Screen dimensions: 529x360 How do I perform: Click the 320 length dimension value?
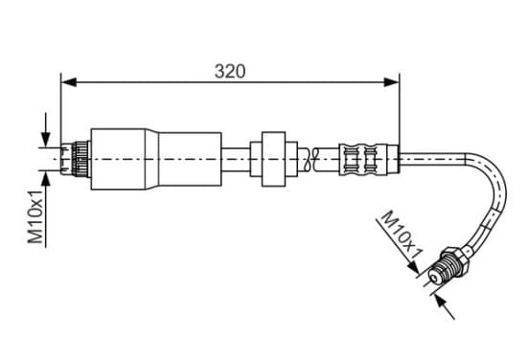click(x=230, y=71)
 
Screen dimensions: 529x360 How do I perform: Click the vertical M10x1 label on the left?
click(x=35, y=216)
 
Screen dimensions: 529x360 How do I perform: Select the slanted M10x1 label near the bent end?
click(x=402, y=235)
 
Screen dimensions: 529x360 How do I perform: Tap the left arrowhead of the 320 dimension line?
click(x=69, y=82)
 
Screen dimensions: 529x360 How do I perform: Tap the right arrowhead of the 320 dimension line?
click(x=391, y=82)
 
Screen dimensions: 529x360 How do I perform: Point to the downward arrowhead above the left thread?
click(x=46, y=140)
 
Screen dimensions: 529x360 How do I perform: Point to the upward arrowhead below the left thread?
click(x=46, y=178)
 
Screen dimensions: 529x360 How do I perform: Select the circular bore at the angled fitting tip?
click(x=434, y=278)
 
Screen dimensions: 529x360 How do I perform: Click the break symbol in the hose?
click(x=311, y=159)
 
